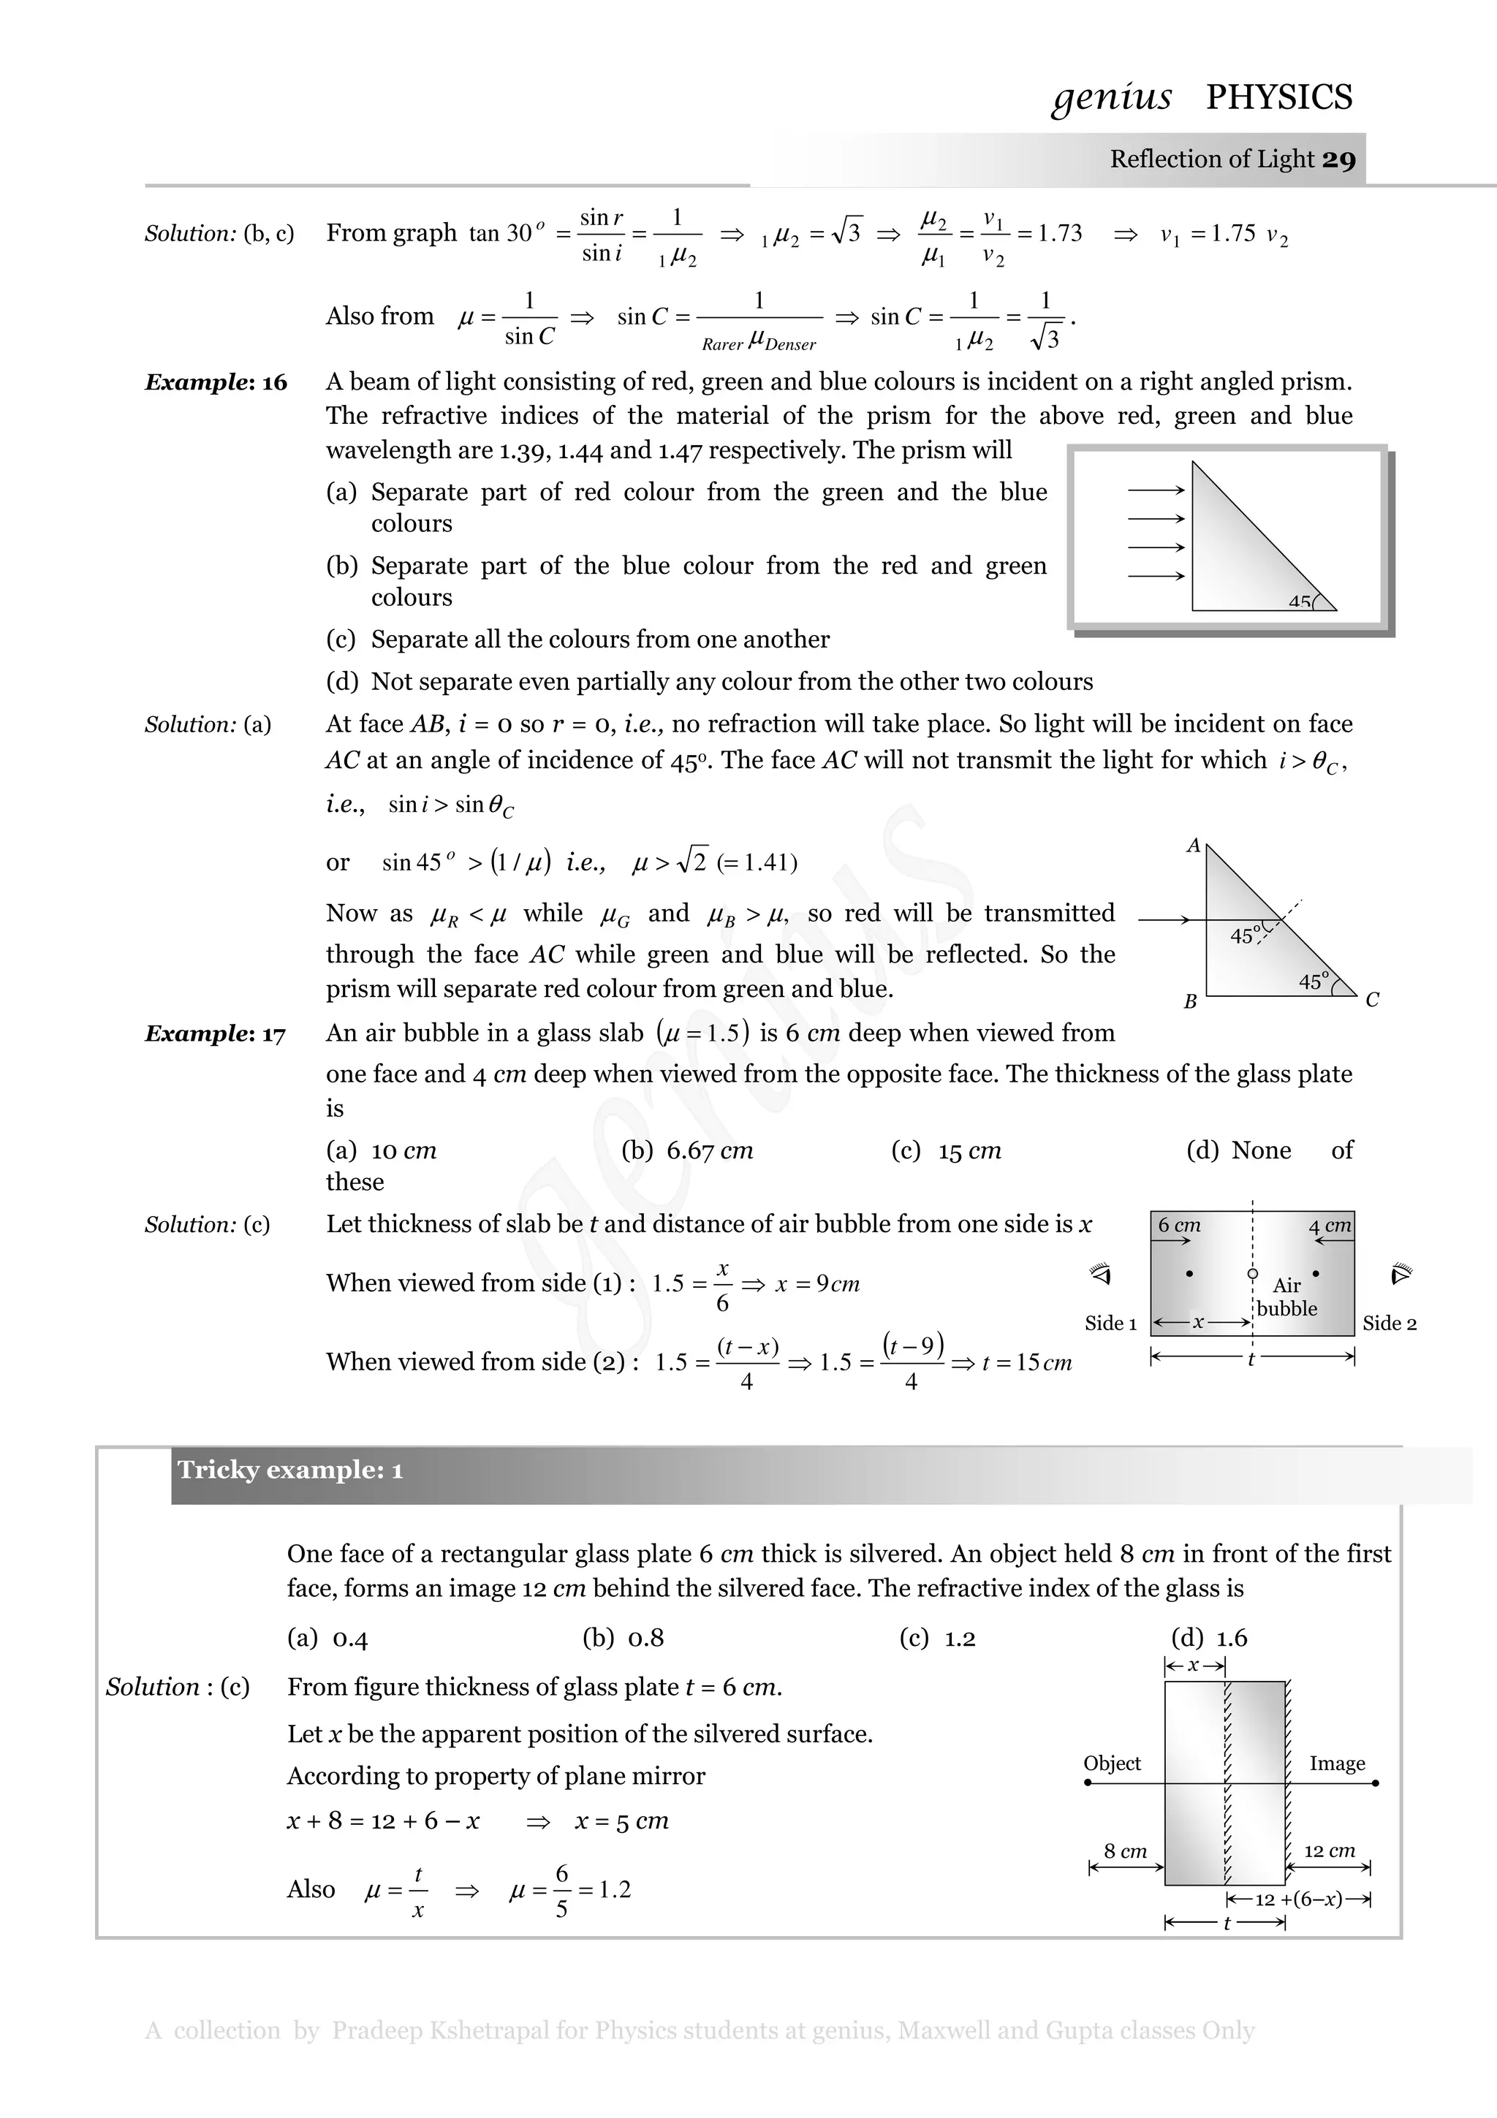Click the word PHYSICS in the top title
point(1278,97)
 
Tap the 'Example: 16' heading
point(216,382)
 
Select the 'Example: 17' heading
point(215,1033)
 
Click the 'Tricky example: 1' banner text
point(289,1470)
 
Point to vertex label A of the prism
point(1193,845)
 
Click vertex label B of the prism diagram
point(1190,1001)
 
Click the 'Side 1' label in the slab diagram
point(1110,1323)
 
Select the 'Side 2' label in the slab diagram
point(1389,1323)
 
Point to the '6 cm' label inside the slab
point(1179,1225)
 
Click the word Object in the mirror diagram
point(1112,1763)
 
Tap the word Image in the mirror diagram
point(1336,1763)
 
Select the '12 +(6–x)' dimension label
point(1299,1899)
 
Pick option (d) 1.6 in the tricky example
point(1208,1637)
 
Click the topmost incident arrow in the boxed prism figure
point(1156,490)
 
